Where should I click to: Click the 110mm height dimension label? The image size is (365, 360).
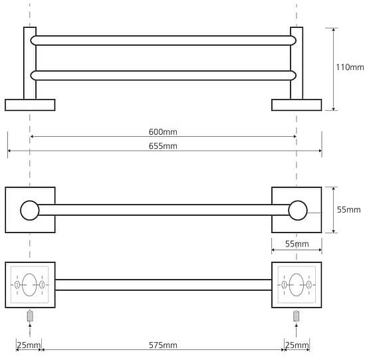[x=350, y=67]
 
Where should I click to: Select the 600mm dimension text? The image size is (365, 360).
[x=163, y=132]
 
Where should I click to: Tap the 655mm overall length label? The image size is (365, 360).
[x=163, y=146]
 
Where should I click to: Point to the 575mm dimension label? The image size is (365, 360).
[x=163, y=345]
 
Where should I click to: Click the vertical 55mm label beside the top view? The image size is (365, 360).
[x=348, y=209]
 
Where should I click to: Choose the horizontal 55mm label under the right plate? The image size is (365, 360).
[x=297, y=244]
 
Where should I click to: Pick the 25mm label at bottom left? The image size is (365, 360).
[x=29, y=345]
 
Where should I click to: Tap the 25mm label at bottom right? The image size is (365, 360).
[x=297, y=345]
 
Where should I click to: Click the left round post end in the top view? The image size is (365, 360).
[x=30, y=211]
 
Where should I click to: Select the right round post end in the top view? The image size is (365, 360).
[x=298, y=211]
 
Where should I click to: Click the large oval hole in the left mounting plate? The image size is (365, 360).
[x=29, y=285]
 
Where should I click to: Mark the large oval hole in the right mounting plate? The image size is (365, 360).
[x=297, y=285]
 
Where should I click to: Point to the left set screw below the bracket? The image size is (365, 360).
[x=30, y=315]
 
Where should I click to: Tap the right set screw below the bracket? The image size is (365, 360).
[x=296, y=315]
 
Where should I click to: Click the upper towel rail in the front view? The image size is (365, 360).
[x=163, y=41]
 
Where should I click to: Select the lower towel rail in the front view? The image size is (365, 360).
[x=163, y=75]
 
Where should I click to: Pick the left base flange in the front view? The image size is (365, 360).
[x=30, y=105]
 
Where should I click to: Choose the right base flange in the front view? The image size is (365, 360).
[x=297, y=105]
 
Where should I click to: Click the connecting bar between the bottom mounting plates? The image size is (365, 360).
[x=164, y=285]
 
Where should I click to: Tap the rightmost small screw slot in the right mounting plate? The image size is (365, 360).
[x=308, y=285]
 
